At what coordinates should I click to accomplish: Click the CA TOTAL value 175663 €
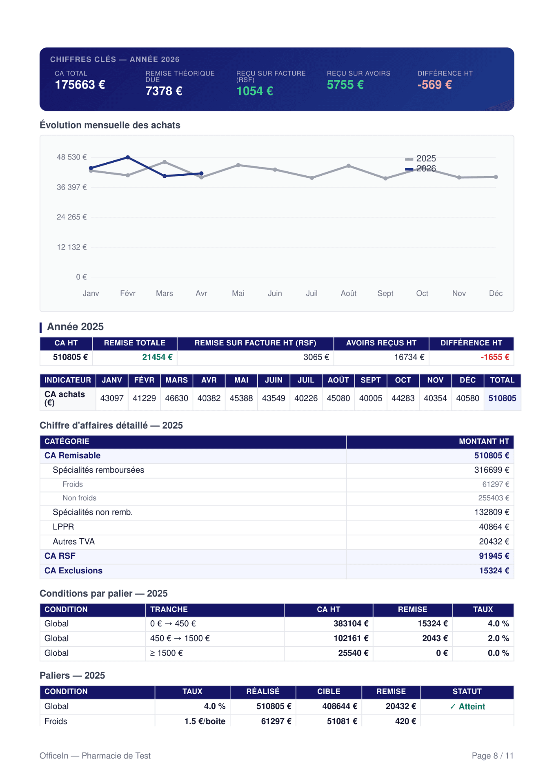point(80,85)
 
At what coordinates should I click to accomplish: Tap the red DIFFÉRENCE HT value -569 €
point(434,85)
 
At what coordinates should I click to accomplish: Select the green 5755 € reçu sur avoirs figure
point(345,85)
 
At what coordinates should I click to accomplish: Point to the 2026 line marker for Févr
point(128,157)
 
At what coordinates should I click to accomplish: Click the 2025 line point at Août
point(349,166)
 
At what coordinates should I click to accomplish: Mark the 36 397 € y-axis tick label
point(72,187)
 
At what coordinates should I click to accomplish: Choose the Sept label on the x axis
point(385,294)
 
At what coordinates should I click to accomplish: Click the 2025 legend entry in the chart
point(421,158)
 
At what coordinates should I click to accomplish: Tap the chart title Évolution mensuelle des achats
point(110,125)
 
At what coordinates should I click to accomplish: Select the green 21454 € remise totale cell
point(157,357)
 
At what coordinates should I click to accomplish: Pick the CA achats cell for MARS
point(176,398)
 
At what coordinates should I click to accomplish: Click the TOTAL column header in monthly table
point(502,380)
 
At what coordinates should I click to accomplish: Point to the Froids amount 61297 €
point(496,484)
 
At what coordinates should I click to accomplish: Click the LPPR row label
point(63,527)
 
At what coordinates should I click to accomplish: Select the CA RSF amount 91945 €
point(494,556)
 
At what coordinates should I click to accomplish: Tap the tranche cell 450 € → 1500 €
point(180,639)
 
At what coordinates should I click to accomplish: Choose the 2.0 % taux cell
point(498,639)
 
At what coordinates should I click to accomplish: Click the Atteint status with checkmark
point(467,707)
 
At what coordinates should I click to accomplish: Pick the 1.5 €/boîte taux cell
point(205,721)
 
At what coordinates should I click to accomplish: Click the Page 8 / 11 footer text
point(493,756)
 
